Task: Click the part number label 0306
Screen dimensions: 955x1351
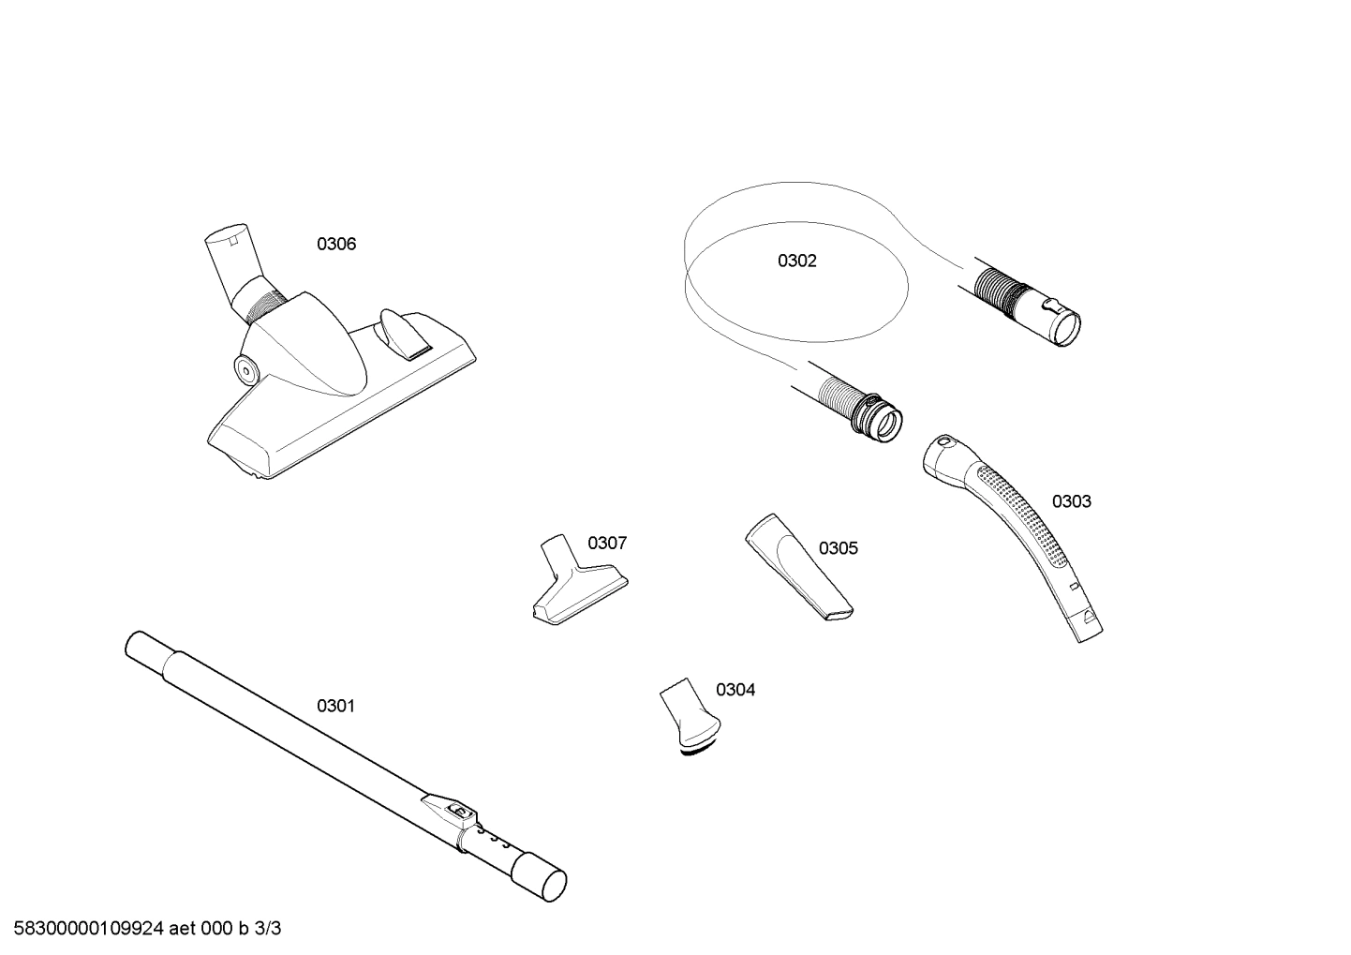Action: [336, 245]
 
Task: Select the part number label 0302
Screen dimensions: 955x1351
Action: [796, 261]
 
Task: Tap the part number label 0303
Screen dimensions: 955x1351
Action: [1071, 501]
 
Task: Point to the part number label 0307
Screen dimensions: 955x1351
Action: [607, 544]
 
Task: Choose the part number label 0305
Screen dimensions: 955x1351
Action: [838, 548]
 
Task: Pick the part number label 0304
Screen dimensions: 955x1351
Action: [735, 691]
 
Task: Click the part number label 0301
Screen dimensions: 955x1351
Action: [335, 706]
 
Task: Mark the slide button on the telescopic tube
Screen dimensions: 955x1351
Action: [458, 813]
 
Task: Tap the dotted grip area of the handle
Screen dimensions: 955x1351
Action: [1021, 511]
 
